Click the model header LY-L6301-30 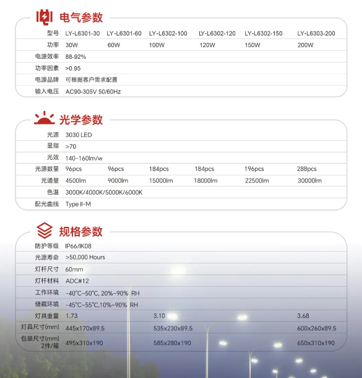pyautogui.click(x=82, y=33)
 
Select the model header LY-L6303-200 pyautogui.click(x=316, y=33)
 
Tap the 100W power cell pyautogui.click(x=158, y=45)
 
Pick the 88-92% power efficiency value pyautogui.click(x=75, y=56)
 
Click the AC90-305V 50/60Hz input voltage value pyautogui.click(x=93, y=91)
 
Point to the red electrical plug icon pyautogui.click(x=44, y=17)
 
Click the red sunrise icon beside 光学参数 pyautogui.click(x=44, y=118)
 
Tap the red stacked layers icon pyautogui.click(x=44, y=231)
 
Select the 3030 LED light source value pyautogui.click(x=79, y=134)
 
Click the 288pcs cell pyautogui.click(x=307, y=169)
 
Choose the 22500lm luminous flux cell pyautogui.click(x=257, y=180)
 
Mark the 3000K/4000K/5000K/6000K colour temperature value pyautogui.click(x=104, y=192)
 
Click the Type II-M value pyautogui.click(x=78, y=204)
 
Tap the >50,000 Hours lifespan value pyautogui.click(x=85, y=257)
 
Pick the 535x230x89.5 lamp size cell pyautogui.click(x=173, y=328)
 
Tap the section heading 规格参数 pyautogui.click(x=80, y=232)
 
